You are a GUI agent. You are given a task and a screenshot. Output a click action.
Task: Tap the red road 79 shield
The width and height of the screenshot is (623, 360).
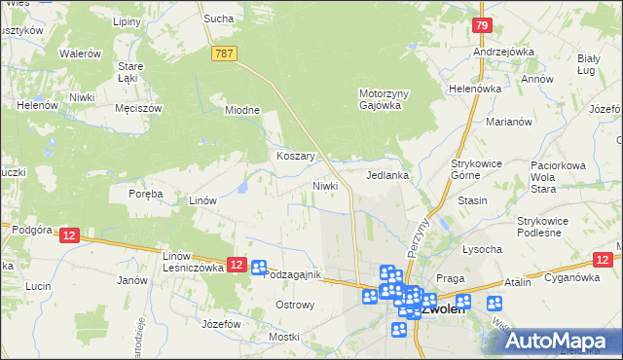pos(481,26)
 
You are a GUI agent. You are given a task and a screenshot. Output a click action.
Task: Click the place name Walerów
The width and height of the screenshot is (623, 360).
pos(80,54)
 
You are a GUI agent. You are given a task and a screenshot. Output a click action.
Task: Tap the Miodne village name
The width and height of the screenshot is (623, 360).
pos(242,110)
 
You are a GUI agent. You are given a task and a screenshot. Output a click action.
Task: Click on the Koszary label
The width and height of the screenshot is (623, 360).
pos(294,156)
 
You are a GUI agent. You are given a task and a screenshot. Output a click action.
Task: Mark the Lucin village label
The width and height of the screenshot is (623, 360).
pos(38,286)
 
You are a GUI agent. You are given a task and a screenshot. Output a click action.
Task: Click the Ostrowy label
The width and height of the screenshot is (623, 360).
pos(295,305)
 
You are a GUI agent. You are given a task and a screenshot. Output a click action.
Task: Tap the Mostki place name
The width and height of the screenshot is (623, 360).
pos(283,337)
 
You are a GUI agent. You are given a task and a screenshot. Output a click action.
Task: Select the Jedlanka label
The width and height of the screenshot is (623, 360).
pos(386,176)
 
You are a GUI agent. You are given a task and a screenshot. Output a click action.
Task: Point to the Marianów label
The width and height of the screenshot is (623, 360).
pos(508,122)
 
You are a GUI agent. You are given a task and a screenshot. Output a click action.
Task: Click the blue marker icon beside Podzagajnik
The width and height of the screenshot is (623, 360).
pos(259,269)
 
